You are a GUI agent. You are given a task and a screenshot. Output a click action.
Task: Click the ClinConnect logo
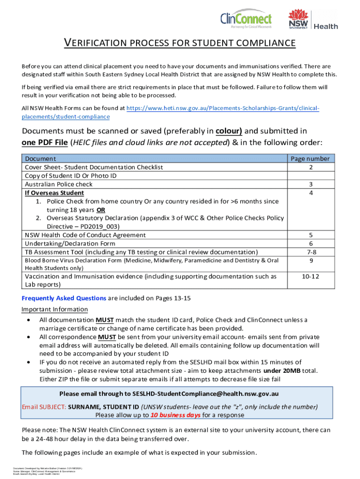pos(246,20)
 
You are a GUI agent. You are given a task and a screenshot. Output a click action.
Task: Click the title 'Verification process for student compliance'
pos(180,44)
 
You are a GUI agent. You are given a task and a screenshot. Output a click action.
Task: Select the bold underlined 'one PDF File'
pos(44,142)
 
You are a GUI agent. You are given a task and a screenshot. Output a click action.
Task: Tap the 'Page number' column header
pos(310,159)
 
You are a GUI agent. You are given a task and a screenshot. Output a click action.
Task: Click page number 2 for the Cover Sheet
pos(310,167)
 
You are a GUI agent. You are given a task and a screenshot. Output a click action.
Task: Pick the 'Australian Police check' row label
pos(58,184)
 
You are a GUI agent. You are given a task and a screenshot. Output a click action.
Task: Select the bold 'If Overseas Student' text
pos(54,192)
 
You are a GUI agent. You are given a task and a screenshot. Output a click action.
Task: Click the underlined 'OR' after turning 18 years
pos(101,210)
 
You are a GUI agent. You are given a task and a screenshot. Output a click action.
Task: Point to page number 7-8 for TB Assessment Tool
pos(310,252)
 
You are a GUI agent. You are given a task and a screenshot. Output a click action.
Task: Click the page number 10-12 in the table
pos(310,276)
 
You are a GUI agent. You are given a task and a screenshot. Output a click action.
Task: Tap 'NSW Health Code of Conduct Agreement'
pos(85,235)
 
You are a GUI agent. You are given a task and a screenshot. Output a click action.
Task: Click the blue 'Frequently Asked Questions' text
pos(64,298)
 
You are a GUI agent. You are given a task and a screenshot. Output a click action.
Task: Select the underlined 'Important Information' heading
pos(54,309)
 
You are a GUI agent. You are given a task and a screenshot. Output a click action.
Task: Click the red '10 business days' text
pos(174,415)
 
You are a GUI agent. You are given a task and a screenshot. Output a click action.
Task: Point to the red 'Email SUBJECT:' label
pos(44,406)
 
